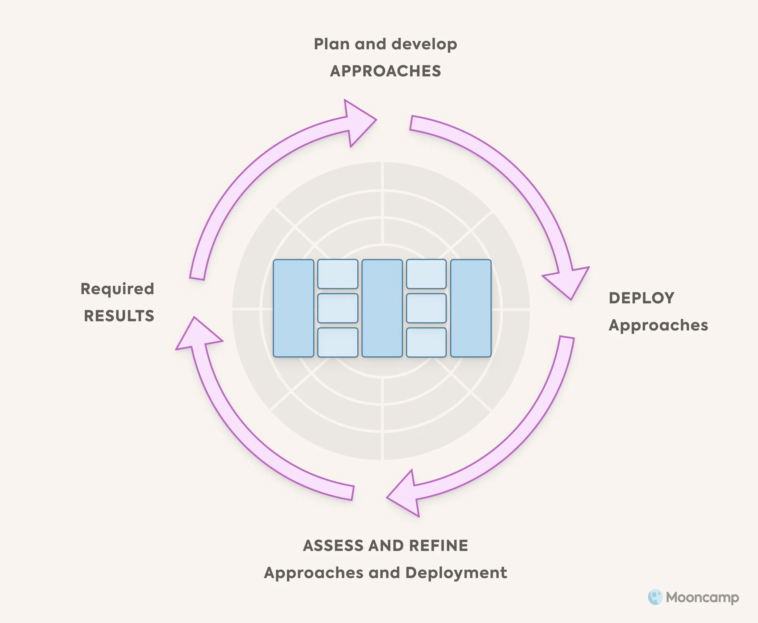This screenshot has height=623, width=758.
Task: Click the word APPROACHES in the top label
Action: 385,71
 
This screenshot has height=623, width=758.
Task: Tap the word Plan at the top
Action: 332,44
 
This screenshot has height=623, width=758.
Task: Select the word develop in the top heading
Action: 424,44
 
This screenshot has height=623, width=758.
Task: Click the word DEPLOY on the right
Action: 642,298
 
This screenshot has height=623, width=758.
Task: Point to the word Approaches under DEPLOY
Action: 658,325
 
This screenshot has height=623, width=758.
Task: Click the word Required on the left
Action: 117,289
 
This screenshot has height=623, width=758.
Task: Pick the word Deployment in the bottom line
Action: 456,573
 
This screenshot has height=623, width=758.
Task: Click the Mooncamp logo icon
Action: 655,597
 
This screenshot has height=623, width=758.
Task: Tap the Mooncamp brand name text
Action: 702,598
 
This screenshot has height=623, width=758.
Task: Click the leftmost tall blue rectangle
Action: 293,308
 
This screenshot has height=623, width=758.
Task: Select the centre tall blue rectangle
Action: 382,308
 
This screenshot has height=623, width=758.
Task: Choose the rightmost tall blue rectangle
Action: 471,308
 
